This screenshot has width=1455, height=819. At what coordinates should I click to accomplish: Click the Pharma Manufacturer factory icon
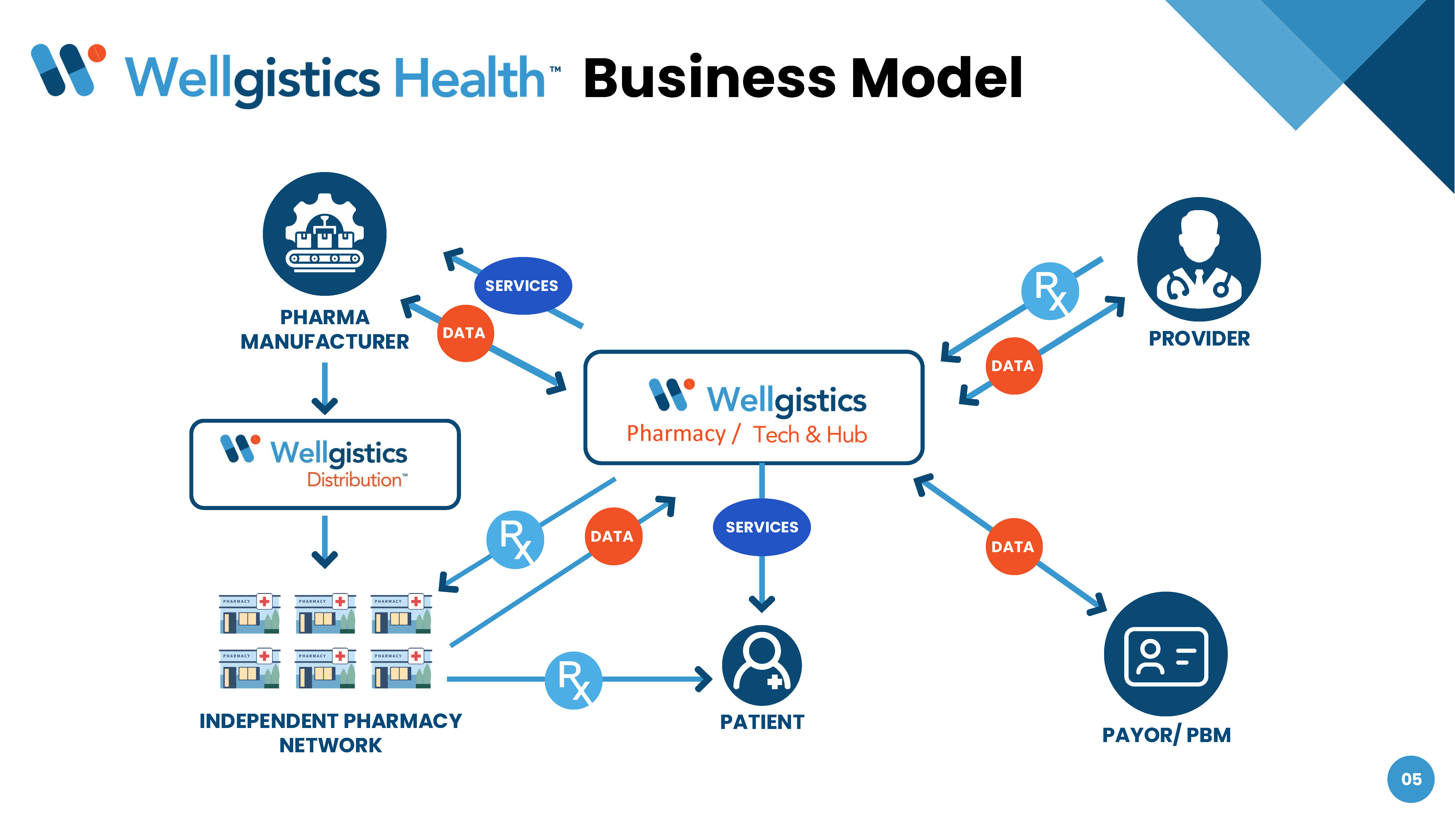pyautogui.click(x=325, y=234)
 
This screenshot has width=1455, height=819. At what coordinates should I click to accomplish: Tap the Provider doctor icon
pyautogui.click(x=1199, y=259)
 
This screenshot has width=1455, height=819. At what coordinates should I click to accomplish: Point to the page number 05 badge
pyautogui.click(x=1410, y=779)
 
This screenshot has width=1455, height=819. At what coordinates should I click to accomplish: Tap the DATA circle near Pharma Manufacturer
pyautogui.click(x=464, y=333)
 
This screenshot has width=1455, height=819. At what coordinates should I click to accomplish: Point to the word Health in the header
pyautogui.click(x=469, y=78)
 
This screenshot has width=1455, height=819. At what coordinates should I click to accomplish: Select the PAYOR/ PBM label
pyautogui.click(x=1166, y=735)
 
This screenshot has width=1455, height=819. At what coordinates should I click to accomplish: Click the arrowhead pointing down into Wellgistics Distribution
pyautogui.click(x=325, y=405)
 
